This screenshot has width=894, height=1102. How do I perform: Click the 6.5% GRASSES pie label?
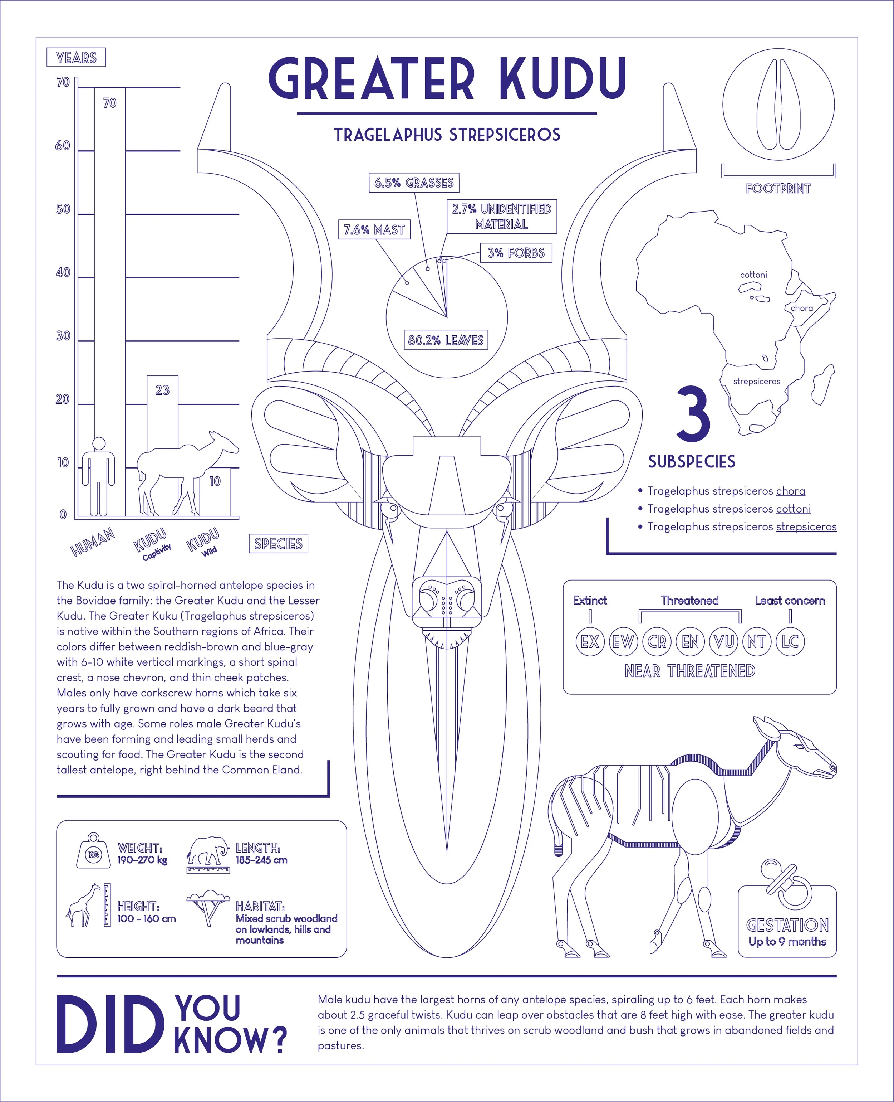(413, 183)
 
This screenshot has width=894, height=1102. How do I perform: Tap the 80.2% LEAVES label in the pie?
(446, 340)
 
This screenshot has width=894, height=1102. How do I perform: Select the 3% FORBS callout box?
(516, 253)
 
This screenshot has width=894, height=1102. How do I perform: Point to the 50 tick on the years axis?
(63, 209)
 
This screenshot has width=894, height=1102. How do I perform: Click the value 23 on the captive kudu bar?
(162, 390)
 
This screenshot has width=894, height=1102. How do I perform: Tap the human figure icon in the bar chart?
(98, 477)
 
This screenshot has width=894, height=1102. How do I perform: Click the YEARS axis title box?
(76, 57)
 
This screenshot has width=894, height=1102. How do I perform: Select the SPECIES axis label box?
(278, 543)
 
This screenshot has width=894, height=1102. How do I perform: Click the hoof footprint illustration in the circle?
(778, 105)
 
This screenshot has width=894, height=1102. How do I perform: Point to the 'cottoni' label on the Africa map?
(753, 275)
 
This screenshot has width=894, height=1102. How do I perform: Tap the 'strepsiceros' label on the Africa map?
(756, 382)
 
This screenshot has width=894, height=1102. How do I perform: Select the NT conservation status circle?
(756, 642)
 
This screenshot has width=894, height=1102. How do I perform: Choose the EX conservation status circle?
(590, 642)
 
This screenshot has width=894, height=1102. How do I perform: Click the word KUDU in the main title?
(563, 79)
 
